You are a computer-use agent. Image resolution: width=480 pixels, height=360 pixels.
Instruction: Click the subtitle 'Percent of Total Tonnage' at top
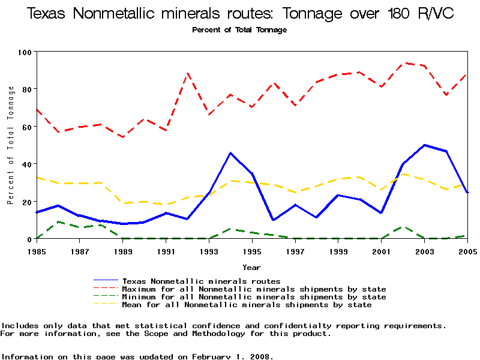tap(239, 30)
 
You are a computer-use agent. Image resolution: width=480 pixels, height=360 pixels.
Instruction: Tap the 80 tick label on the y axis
tap(27, 89)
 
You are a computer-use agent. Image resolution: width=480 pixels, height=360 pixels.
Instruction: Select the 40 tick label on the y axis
tap(27, 164)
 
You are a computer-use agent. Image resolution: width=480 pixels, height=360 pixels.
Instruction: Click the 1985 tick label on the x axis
tap(37, 251)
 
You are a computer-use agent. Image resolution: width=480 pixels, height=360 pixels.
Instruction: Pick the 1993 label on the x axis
tap(209, 251)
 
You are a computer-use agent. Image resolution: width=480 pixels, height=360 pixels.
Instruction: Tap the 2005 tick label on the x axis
tap(467, 251)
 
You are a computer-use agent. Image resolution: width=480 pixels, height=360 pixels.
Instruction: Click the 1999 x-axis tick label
tap(338, 251)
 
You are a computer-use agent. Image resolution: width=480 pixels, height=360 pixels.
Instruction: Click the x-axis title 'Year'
tap(251, 267)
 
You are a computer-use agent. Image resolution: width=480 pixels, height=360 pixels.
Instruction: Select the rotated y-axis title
tap(11, 145)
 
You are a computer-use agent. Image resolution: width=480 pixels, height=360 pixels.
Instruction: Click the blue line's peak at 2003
tap(424, 145)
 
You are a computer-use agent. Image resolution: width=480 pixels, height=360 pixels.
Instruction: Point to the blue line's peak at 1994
tap(230, 153)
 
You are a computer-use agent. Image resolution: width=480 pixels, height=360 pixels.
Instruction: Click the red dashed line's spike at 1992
tap(188, 73)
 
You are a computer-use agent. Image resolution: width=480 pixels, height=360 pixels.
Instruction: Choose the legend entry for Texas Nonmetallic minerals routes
tap(201, 281)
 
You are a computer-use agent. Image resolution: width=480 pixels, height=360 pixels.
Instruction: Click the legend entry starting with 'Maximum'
tap(254, 289)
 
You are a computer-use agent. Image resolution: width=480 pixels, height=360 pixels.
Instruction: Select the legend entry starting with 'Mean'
tap(247, 305)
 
